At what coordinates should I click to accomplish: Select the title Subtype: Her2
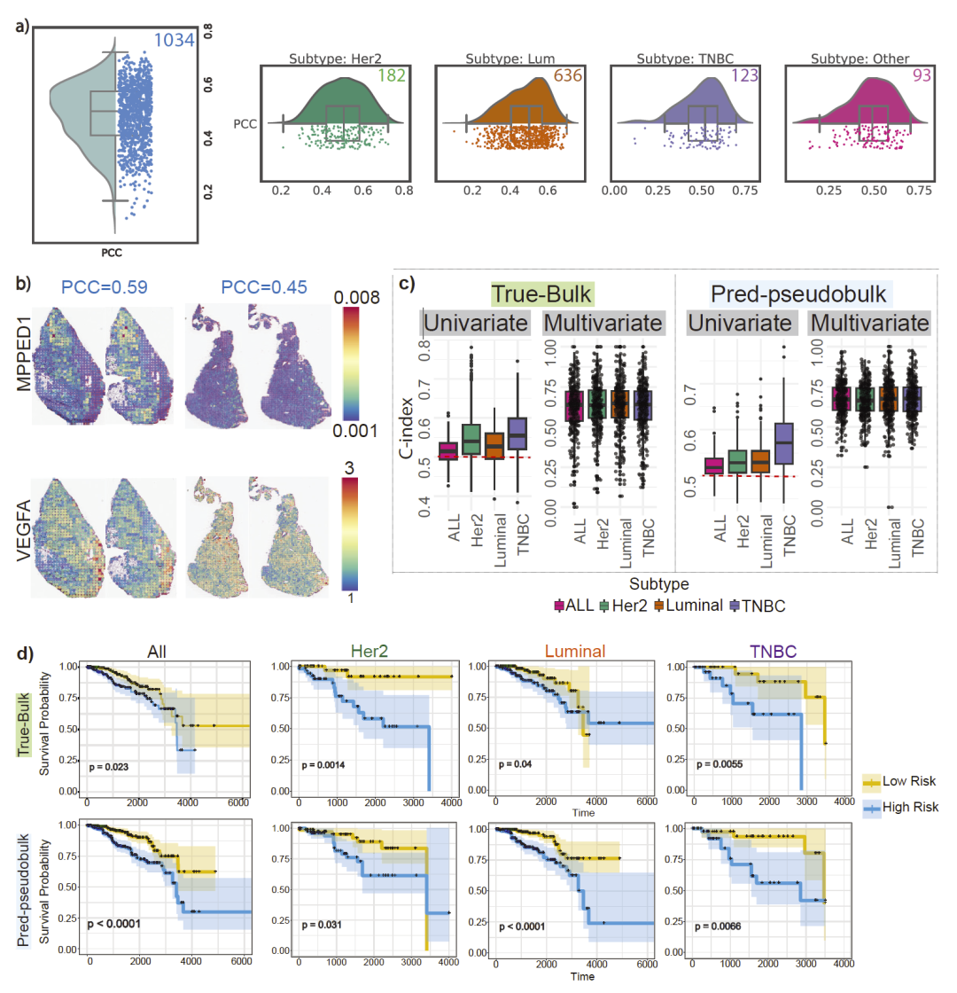(332, 59)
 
